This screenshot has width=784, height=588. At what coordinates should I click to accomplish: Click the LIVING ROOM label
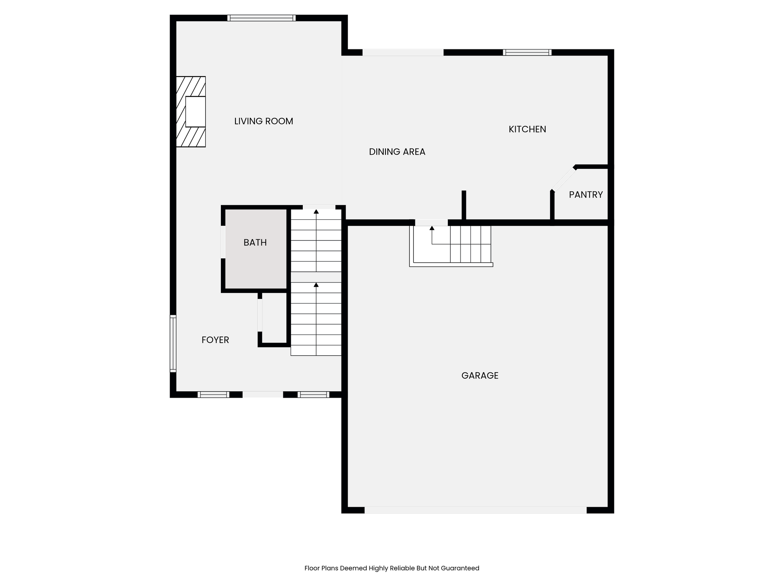coord(263,121)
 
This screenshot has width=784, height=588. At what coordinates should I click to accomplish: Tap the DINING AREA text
coord(397,152)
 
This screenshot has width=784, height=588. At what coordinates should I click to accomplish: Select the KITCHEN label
coord(527,129)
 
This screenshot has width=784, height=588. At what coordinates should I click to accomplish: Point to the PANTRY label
coord(586,195)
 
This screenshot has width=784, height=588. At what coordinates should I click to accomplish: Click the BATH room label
coord(255,243)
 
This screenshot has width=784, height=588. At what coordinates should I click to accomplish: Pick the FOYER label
coord(215,340)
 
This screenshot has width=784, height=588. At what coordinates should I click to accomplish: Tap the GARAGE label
coord(480,376)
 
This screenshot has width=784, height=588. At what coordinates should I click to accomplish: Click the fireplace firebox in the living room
coord(196,112)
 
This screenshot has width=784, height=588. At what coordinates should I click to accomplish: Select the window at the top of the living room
coord(261,18)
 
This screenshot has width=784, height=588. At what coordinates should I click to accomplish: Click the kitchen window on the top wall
coord(527,52)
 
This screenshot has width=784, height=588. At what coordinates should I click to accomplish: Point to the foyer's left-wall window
coord(173,343)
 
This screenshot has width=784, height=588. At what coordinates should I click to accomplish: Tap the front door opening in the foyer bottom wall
coord(263,395)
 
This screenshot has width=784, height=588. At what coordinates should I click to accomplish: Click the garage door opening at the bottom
coord(475,510)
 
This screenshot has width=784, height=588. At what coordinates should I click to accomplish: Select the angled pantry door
coord(563,179)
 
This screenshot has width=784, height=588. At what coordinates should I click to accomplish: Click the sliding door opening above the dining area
coord(403,52)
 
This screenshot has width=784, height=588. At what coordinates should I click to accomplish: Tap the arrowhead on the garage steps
coord(432,228)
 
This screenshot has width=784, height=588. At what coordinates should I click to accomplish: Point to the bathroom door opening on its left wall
coord(223,242)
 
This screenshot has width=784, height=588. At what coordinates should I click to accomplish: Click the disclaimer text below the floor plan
coord(392,568)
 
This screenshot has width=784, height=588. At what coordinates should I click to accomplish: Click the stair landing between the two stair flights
coord(316,277)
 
